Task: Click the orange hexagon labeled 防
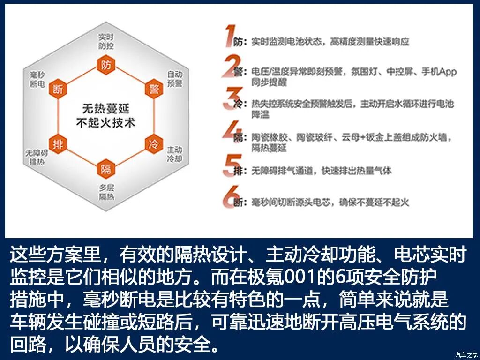point(106,66)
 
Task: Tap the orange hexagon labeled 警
point(154,89)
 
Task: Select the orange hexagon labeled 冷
point(154,144)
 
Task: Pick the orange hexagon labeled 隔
point(106,169)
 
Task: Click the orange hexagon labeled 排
point(58,144)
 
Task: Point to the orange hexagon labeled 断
point(58,89)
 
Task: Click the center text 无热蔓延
point(105,109)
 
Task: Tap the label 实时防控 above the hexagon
point(106,41)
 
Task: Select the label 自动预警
point(175,79)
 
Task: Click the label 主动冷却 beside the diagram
point(175,154)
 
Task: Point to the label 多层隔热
point(106,192)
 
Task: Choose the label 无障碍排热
point(37,158)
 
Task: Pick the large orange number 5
point(231,165)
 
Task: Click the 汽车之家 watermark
point(466,354)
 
